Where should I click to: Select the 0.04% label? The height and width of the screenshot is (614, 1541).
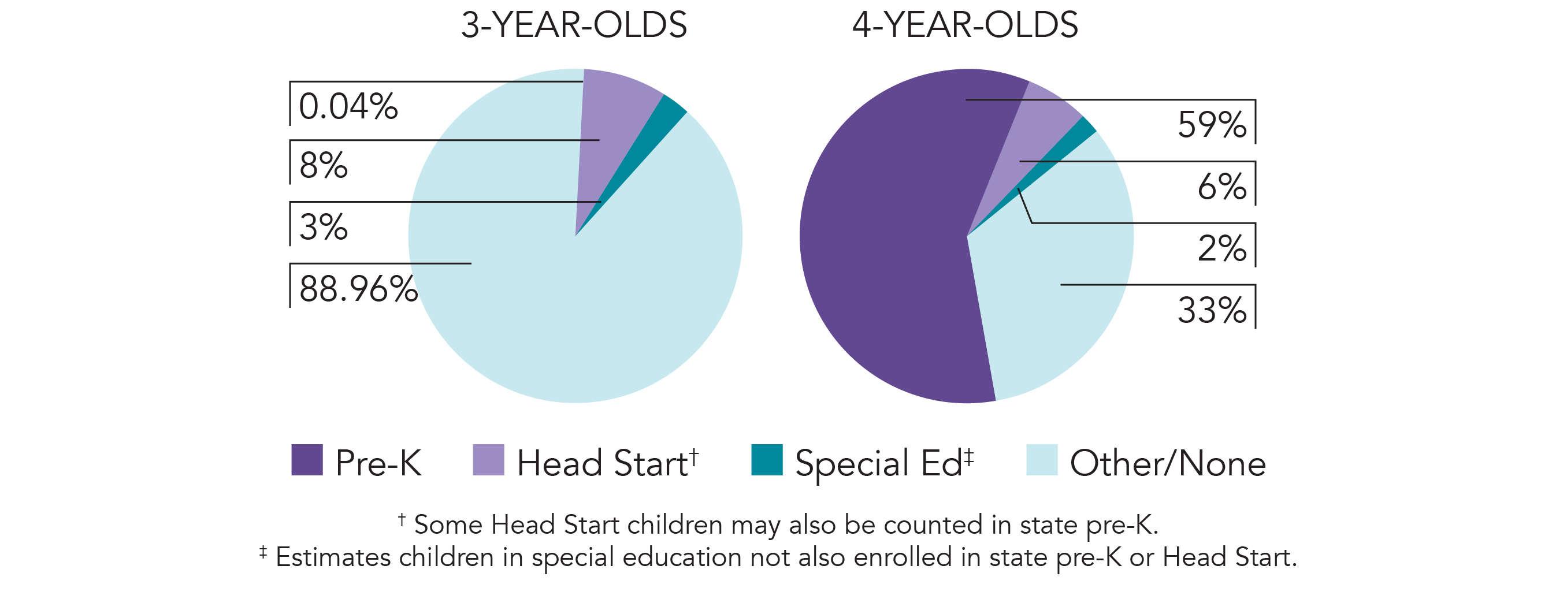coord(348,106)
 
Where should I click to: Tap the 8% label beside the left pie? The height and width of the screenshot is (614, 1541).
coord(323,166)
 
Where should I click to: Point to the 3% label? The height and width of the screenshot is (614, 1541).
coord(323,227)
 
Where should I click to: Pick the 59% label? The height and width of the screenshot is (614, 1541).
coord(1212,125)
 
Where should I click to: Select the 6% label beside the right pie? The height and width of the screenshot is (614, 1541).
coord(1221,187)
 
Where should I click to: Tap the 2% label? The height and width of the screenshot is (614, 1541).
coord(1221,248)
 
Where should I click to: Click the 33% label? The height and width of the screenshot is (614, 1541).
coord(1212,310)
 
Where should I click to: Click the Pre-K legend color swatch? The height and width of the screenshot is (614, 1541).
coord(307,460)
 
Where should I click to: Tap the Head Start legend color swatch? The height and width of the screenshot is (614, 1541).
coord(488,460)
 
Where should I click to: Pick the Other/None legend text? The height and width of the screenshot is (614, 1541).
coord(1168,463)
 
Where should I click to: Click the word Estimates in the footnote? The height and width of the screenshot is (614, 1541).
coord(333,557)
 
